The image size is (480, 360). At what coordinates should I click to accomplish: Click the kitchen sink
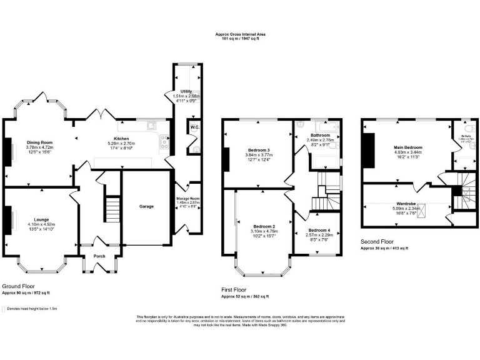pyautogui.click(x=151, y=126)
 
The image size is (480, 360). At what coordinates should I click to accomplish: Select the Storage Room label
pyautogui.click(x=188, y=198)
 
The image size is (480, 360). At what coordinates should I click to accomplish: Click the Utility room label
pyautogui.click(x=186, y=92)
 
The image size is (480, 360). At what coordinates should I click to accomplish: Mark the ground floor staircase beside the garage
pyautogui.click(x=111, y=207)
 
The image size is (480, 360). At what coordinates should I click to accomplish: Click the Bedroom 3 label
pyautogui.click(x=258, y=151)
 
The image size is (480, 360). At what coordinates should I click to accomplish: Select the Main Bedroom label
pyautogui.click(x=407, y=147)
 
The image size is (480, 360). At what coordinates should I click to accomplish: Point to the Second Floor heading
pyautogui.click(x=376, y=241)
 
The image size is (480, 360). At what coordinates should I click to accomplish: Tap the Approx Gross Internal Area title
pyautogui.click(x=241, y=34)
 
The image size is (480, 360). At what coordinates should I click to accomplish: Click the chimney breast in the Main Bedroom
pyautogui.click(x=369, y=151)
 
